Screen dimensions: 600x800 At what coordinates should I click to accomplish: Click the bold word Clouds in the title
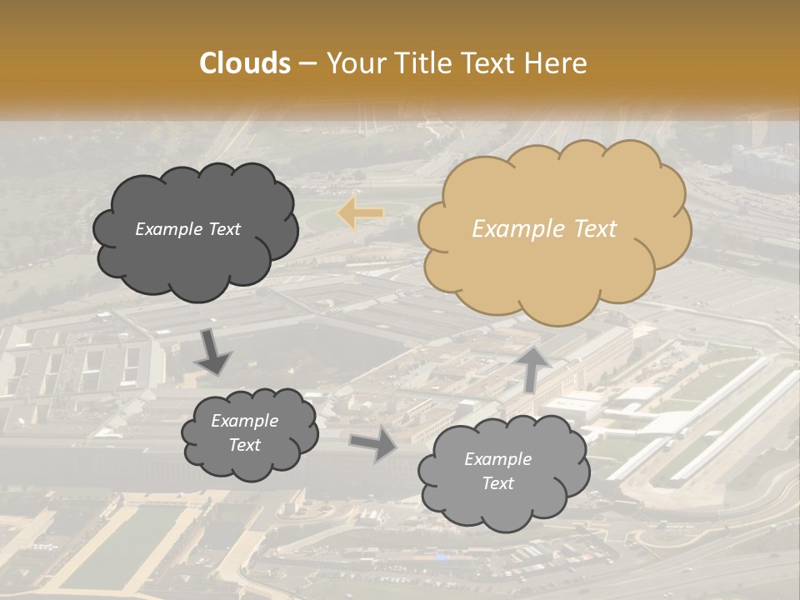click(245, 63)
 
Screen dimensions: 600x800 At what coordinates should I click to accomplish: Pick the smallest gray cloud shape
click(249, 433)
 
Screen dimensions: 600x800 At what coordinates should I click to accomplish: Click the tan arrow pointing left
click(360, 213)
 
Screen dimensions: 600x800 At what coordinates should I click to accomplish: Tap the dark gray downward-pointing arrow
click(214, 352)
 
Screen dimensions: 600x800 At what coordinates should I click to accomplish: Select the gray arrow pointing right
click(373, 445)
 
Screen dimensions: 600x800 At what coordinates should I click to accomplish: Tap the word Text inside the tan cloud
click(596, 229)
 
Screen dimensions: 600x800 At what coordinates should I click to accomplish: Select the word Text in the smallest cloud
click(245, 445)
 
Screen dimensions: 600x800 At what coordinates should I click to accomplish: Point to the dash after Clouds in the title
click(307, 64)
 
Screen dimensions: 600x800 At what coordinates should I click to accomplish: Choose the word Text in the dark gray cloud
click(225, 229)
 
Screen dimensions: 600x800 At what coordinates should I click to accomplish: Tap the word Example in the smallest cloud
click(245, 421)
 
